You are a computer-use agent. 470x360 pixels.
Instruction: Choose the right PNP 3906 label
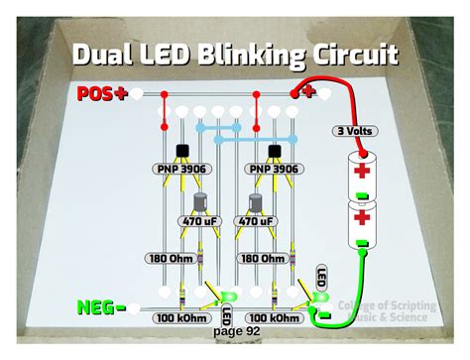click(273, 170)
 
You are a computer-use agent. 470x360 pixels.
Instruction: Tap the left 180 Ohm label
click(170, 257)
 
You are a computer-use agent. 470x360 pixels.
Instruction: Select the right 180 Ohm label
click(263, 257)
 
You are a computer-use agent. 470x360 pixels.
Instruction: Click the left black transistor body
click(183, 152)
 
